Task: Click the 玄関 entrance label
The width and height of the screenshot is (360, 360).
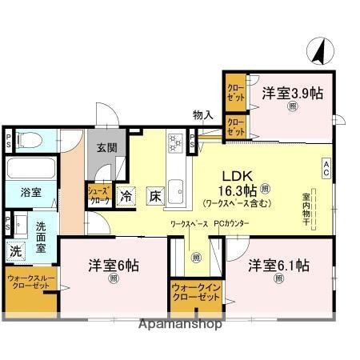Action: pos(108,148)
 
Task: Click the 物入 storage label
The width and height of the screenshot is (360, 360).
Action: pos(203,115)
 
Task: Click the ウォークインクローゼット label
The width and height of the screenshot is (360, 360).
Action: pos(195,293)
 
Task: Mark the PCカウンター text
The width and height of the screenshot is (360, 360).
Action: pos(232,226)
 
